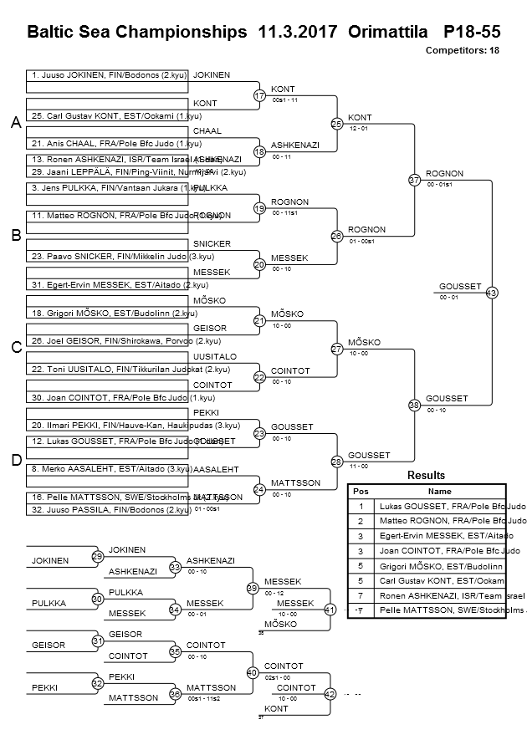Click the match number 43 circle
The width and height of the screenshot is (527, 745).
pos(491,293)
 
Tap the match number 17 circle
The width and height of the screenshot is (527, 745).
pos(259,96)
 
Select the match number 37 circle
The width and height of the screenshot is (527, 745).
pos(414,180)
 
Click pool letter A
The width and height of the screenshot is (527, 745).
pos(15,124)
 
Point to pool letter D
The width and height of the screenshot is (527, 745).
pos(15,461)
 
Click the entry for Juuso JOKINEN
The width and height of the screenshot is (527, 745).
pos(107,75)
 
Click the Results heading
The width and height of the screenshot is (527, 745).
pos(427,476)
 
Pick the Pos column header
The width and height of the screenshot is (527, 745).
pos(361,492)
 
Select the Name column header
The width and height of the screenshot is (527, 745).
pos(440,492)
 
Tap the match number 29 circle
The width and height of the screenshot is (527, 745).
pos(98,556)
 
